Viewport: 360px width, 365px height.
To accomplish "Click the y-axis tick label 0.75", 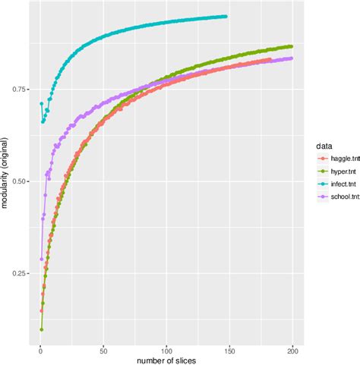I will click(x=22, y=90).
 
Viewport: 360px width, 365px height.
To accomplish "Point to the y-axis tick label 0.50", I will click(x=22, y=182).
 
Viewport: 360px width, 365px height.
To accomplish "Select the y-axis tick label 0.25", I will click(x=22, y=274).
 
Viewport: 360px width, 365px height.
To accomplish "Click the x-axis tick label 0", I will click(x=40, y=350).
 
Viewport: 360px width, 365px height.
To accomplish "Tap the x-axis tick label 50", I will click(x=103, y=350).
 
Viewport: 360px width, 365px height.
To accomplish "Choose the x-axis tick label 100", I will click(x=166, y=350).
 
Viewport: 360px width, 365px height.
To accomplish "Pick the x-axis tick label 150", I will click(x=229, y=350).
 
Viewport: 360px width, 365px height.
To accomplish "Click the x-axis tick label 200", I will click(x=292, y=350).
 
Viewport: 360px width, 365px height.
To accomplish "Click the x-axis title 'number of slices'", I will click(x=166, y=360).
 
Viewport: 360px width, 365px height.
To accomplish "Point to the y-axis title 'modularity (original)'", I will click(x=6, y=178).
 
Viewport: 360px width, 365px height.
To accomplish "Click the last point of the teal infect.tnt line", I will click(x=226, y=16).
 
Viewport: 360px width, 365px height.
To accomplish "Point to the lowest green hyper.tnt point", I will click(x=41, y=329).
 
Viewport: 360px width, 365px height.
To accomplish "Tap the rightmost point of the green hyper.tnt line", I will click(x=292, y=46).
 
